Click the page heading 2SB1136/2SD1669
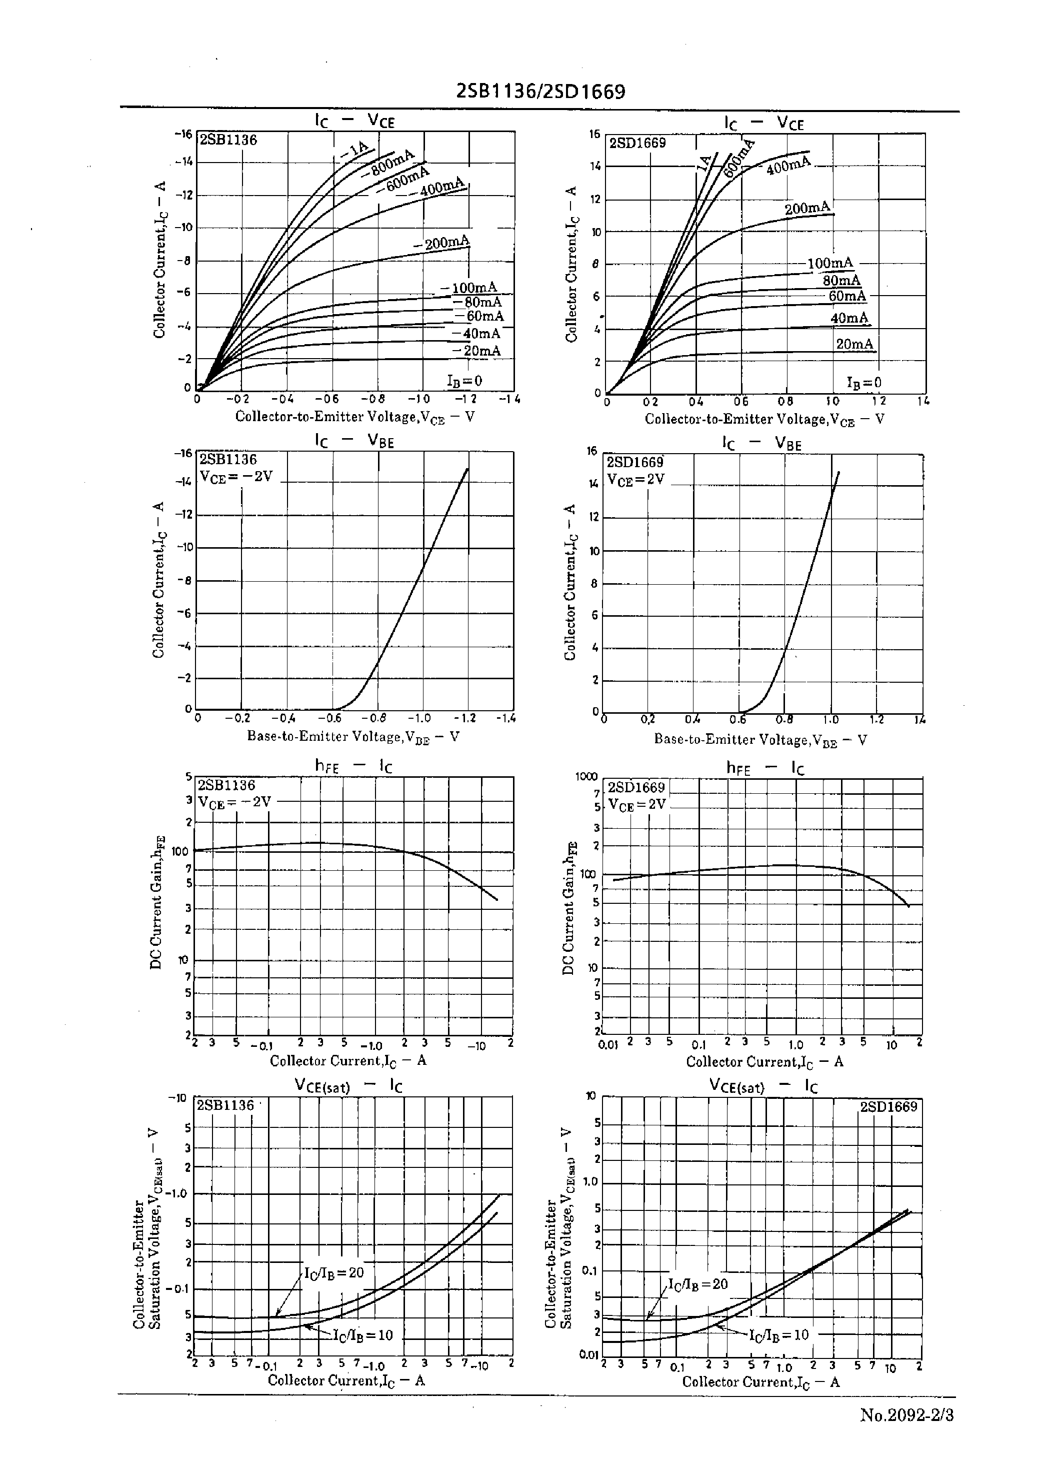click(x=540, y=92)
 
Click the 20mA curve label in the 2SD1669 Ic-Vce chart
click(x=854, y=345)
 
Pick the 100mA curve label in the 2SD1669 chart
click(x=830, y=263)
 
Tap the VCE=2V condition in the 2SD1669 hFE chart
click(x=636, y=804)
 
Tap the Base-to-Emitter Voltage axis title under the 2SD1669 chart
click(x=760, y=740)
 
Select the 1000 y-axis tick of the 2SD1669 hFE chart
click(x=585, y=777)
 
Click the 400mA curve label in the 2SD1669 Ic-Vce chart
click(x=788, y=165)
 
